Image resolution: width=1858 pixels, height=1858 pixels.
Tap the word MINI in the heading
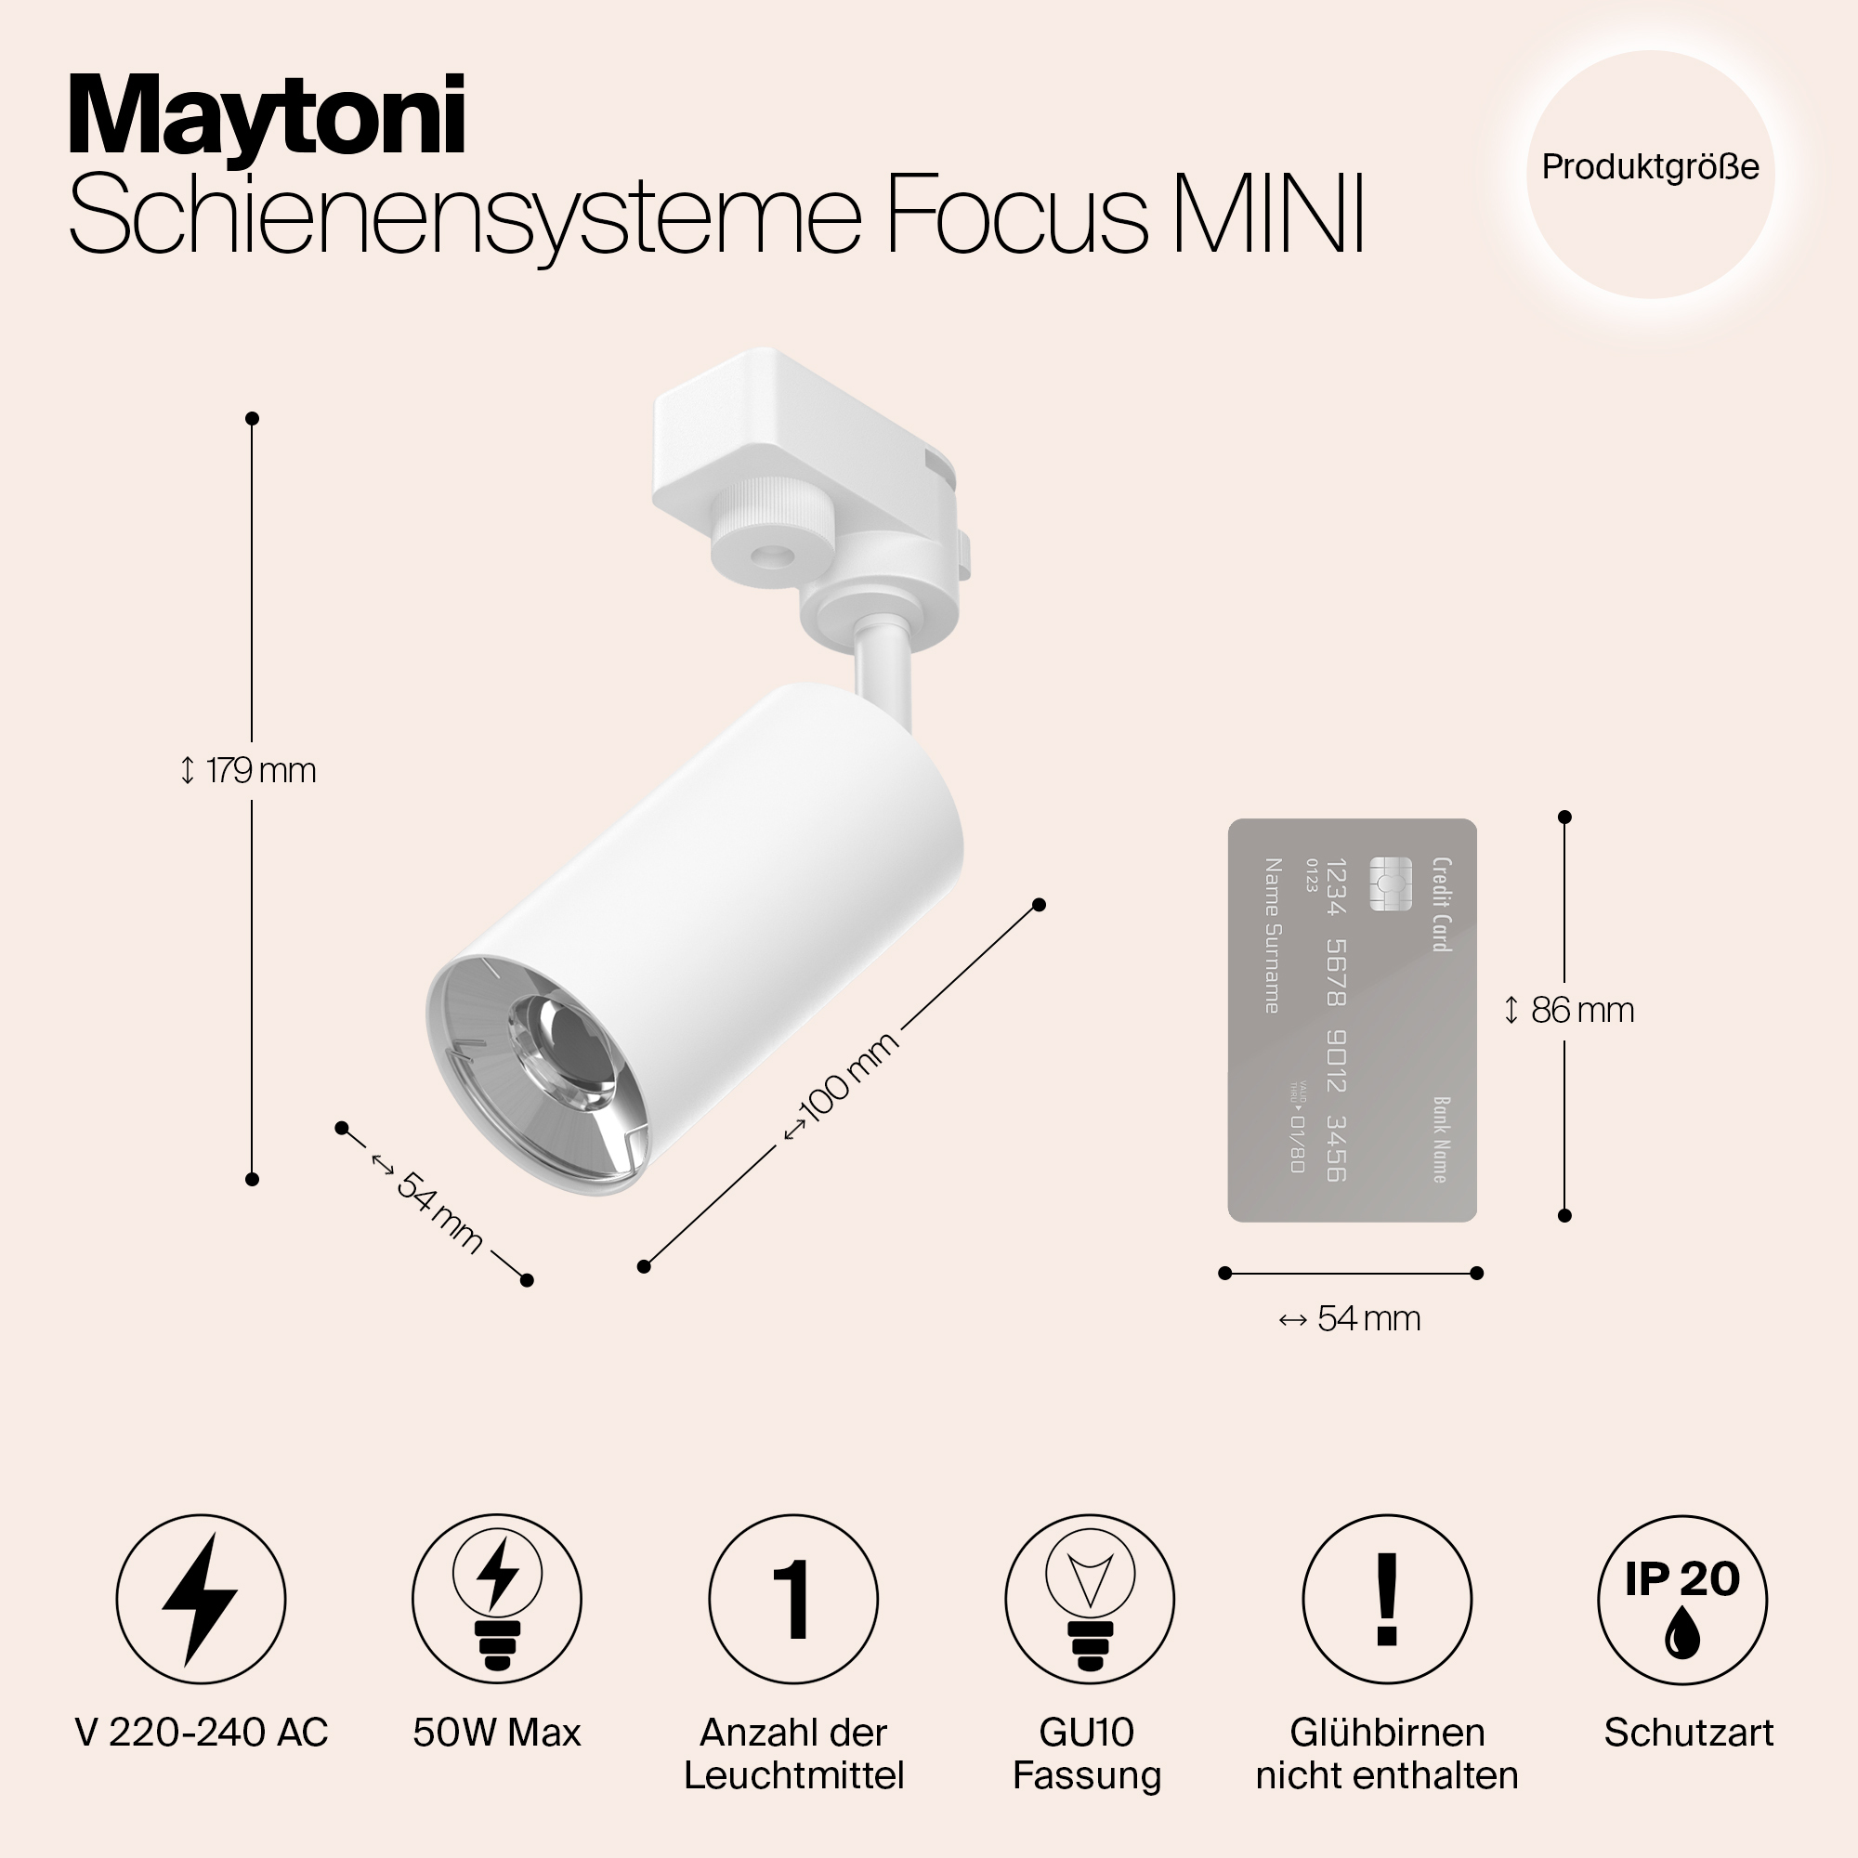[x=1269, y=215]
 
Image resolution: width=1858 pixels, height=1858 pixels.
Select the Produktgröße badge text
[x=1650, y=167]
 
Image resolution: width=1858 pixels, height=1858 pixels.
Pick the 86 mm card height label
[x=1568, y=1010]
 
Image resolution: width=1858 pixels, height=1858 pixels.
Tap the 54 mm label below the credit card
[x=1349, y=1318]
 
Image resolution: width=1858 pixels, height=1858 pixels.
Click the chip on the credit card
[x=1391, y=883]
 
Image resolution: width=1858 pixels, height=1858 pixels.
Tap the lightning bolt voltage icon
[x=201, y=1600]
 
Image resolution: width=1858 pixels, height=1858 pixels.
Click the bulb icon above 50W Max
[x=497, y=1600]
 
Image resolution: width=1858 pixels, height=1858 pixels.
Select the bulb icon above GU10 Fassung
[x=1090, y=1600]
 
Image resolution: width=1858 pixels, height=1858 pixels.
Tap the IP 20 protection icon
[x=1683, y=1600]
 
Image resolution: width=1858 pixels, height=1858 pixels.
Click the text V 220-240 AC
[x=201, y=1733]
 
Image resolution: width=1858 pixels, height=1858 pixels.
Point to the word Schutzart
[x=1689, y=1733]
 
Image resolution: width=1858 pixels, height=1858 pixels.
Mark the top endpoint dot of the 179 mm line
[x=252, y=418]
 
